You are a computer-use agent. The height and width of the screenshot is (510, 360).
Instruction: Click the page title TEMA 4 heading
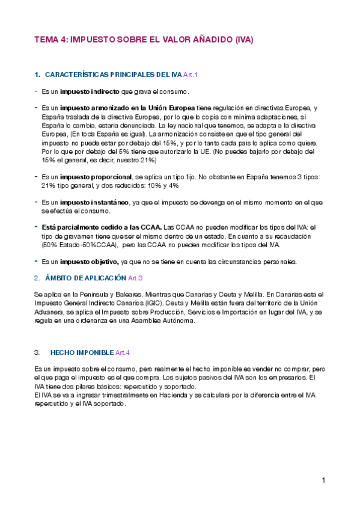[x=144, y=40]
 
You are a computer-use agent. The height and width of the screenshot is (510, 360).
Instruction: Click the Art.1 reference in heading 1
[x=191, y=75]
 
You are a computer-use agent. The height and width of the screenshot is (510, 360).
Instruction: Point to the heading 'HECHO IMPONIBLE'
[x=82, y=352]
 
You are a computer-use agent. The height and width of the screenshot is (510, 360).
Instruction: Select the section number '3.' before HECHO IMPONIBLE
[x=38, y=352]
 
